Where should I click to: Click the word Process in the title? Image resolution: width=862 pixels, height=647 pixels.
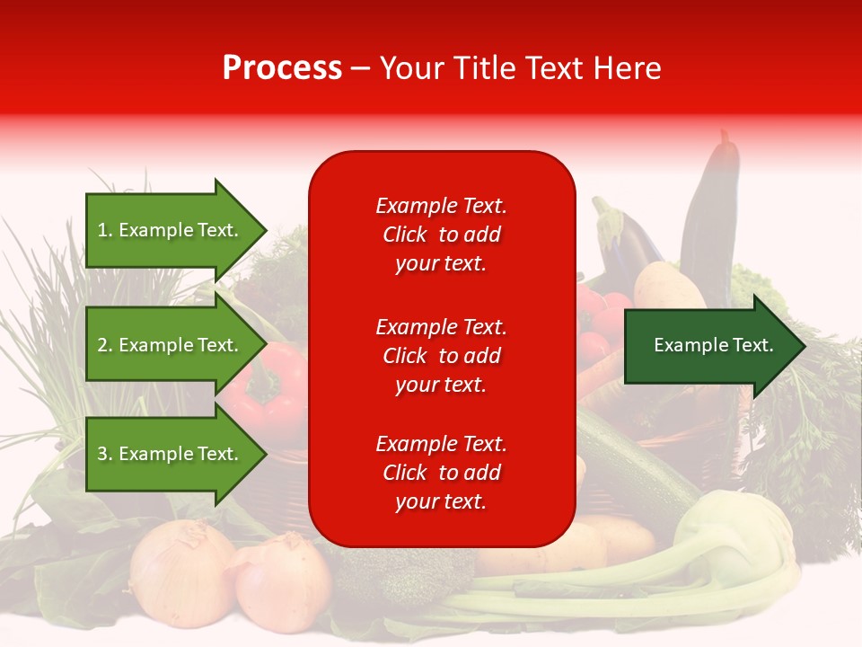(x=282, y=68)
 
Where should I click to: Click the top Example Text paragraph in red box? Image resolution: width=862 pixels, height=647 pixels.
(x=441, y=235)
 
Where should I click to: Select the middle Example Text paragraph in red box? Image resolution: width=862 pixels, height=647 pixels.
(x=441, y=356)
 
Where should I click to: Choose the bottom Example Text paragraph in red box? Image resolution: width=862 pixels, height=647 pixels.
(x=441, y=473)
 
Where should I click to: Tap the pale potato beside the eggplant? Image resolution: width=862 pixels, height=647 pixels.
(x=669, y=288)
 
